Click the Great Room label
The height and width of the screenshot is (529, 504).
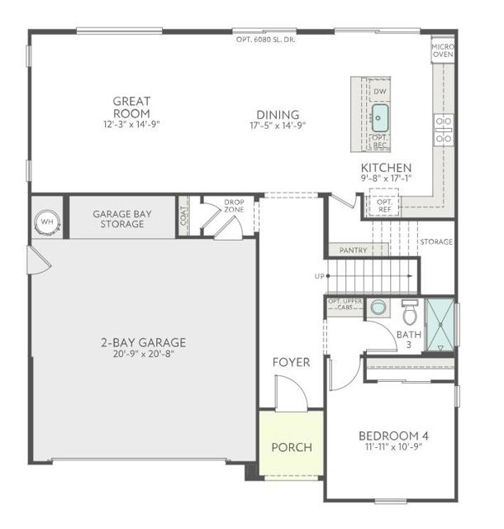[x=132, y=107]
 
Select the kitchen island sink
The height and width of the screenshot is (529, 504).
[x=379, y=114]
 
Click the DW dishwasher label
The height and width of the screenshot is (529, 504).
[x=380, y=91]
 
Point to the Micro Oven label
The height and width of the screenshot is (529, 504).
[x=443, y=51]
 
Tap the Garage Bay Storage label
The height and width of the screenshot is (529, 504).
[x=123, y=218]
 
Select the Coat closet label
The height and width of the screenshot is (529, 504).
[x=184, y=216]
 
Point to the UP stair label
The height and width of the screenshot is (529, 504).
[x=319, y=276]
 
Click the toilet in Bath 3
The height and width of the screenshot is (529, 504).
[x=410, y=313]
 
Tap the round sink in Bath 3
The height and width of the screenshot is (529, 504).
[x=378, y=307]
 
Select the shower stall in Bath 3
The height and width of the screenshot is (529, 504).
[x=440, y=324]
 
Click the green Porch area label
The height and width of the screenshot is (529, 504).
[x=292, y=447]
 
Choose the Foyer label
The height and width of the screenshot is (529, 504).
[x=291, y=362]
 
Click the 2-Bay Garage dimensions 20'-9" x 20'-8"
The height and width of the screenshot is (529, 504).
[x=145, y=355]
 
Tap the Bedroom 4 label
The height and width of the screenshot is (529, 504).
[x=392, y=436]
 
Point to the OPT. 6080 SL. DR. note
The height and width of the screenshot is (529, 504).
[x=265, y=39]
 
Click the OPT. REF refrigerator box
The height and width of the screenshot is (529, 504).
[x=384, y=205]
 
